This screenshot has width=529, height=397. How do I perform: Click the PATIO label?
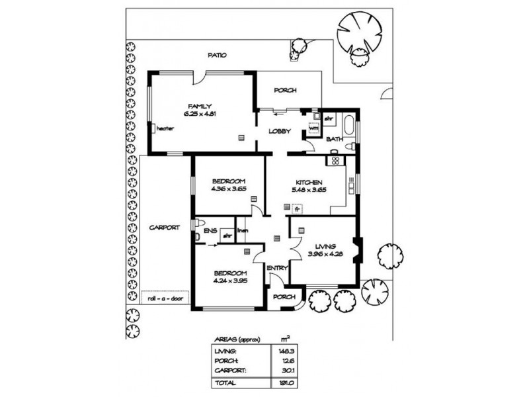(217, 56)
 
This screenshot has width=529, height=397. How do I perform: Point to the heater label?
(165, 128)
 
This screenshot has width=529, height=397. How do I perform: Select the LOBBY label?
(279, 131)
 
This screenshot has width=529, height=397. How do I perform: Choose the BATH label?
(334, 139)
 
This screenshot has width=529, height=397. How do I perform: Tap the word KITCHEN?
(309, 182)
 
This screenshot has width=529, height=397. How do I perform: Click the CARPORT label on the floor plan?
(164, 227)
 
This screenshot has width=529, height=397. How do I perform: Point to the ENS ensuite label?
(211, 232)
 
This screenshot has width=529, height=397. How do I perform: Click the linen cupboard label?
(242, 231)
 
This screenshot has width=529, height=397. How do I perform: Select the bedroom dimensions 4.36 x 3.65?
(229, 189)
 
